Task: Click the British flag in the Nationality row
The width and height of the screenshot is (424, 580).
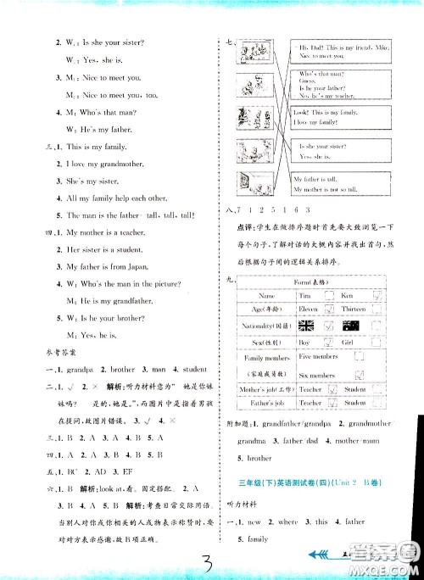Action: (305, 325)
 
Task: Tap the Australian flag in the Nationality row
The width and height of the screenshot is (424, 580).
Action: (350, 325)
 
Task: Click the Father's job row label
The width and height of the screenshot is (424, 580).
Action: (260, 403)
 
